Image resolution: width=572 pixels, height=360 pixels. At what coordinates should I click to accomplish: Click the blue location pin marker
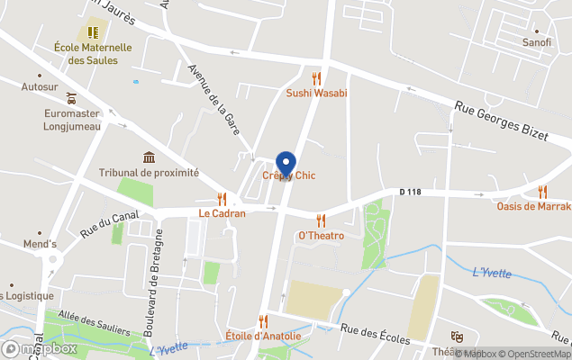tap(286, 164)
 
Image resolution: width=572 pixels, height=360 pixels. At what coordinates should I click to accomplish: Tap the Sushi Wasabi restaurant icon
tap(316, 78)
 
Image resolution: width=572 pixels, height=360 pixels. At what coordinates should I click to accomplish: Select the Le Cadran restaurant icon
tap(222, 199)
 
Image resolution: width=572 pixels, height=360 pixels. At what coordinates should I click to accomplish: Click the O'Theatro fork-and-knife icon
tap(321, 220)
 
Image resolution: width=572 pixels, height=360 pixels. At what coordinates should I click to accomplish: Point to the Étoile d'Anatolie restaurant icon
tap(263, 321)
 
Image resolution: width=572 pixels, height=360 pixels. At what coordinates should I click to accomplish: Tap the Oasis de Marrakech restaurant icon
tap(542, 192)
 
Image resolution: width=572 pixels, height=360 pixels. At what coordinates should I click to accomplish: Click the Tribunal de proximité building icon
tap(149, 157)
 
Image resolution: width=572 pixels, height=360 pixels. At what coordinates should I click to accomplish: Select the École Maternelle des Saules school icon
tap(93, 32)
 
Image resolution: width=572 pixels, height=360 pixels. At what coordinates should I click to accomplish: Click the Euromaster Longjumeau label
tap(72, 120)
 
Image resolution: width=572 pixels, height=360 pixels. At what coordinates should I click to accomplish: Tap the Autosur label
tap(39, 87)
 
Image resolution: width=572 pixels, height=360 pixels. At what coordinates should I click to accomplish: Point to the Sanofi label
tap(537, 42)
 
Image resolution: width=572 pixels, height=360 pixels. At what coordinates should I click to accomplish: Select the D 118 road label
tap(410, 192)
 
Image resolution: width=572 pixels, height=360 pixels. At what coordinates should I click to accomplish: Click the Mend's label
tap(40, 244)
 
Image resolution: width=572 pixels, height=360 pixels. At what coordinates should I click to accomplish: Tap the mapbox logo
tap(41, 348)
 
